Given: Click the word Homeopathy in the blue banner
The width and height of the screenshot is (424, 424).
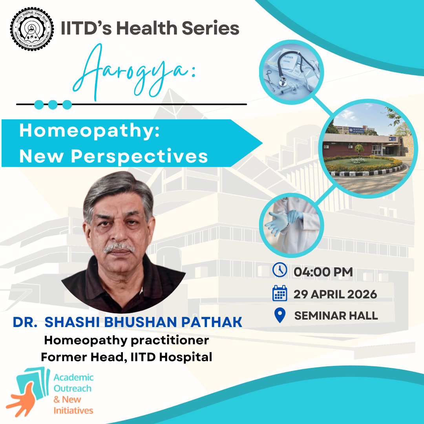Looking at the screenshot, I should (89, 131).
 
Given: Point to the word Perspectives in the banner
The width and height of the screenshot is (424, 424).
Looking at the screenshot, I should (139, 156).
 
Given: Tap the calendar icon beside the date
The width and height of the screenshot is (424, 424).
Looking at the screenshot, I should (280, 293).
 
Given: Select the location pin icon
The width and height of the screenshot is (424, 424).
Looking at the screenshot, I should (280, 315).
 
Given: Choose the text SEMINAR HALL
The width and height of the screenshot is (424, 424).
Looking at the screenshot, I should (336, 316).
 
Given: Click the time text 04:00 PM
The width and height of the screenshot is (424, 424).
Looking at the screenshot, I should (323, 271).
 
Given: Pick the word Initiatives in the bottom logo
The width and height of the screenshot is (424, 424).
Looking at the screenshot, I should (73, 411).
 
